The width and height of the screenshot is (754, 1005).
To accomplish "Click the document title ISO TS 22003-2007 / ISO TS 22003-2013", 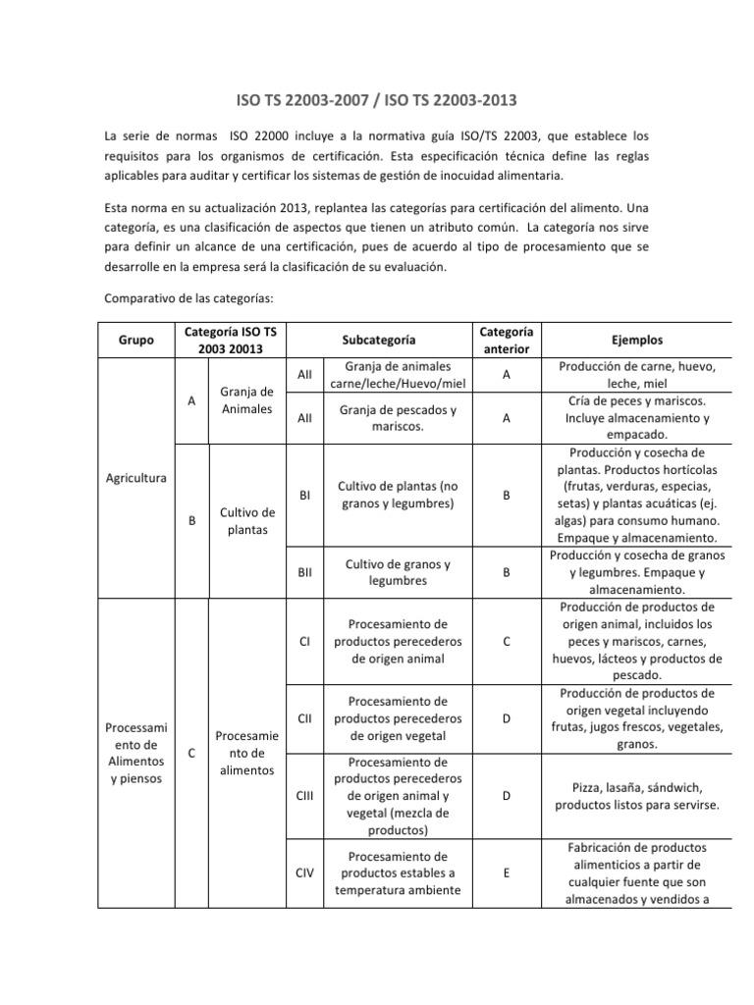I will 377,100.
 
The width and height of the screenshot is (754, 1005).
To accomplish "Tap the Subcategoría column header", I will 378,340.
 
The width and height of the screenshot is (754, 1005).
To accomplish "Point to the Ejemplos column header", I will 636,340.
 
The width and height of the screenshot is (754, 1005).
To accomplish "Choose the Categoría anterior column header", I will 505,340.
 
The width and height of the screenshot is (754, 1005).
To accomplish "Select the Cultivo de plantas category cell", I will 247,522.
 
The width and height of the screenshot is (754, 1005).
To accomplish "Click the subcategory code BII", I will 304,572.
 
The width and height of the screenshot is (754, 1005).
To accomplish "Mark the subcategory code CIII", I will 304,796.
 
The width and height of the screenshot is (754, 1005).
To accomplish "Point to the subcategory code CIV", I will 304,873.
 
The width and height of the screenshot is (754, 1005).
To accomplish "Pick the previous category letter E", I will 505,873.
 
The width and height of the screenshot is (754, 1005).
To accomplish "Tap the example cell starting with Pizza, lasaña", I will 636,796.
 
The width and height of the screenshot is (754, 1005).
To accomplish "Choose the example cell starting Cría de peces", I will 636,417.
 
